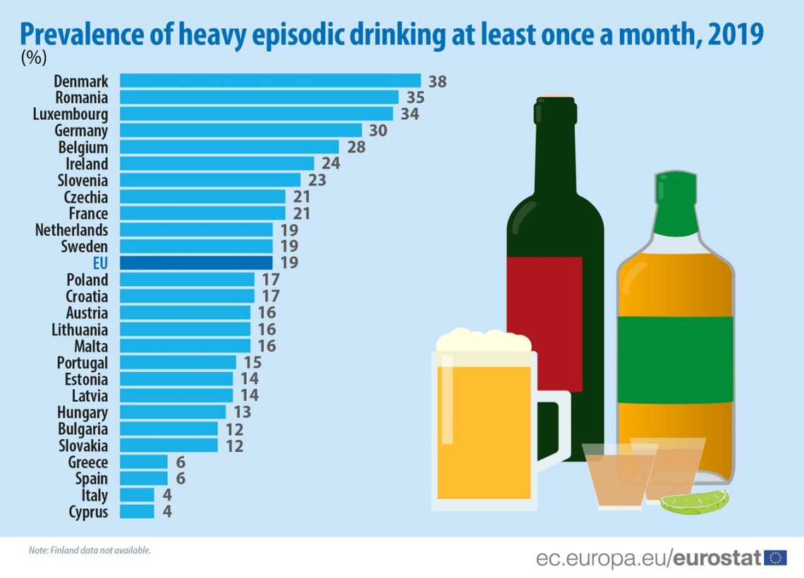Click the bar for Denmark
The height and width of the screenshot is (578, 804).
pyautogui.click(x=270, y=81)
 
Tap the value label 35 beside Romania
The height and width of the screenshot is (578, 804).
pyautogui.click(x=411, y=97)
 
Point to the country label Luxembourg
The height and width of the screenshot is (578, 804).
pyautogui.click(x=71, y=114)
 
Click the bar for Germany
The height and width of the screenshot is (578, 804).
pyautogui.click(x=240, y=130)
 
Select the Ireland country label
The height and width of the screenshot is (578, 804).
pyautogui.click(x=86, y=164)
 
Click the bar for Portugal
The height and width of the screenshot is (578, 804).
pyautogui.click(x=178, y=362)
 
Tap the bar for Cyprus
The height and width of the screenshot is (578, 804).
pyautogui.click(x=137, y=512)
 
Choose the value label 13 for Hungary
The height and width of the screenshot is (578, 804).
pyautogui.click(x=242, y=412)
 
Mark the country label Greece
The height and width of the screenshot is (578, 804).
pyautogui.click(x=88, y=462)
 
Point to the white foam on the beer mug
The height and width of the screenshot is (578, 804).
pyautogui.click(x=484, y=341)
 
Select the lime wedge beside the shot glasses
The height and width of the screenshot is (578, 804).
pyautogui.click(x=694, y=501)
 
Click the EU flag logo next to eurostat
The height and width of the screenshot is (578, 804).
pyautogui.click(x=776, y=558)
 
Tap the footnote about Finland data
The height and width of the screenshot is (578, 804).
pyautogui.click(x=90, y=550)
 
